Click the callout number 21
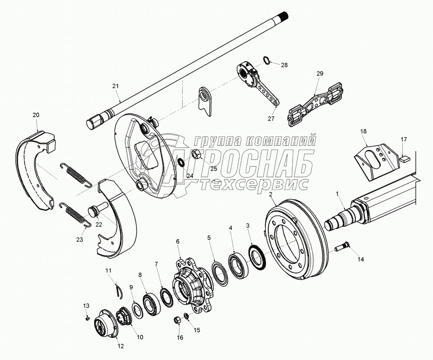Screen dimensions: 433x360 coord(115,86)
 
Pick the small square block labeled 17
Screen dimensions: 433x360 coord(403,159)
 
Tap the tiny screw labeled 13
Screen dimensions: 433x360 coord(86,317)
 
